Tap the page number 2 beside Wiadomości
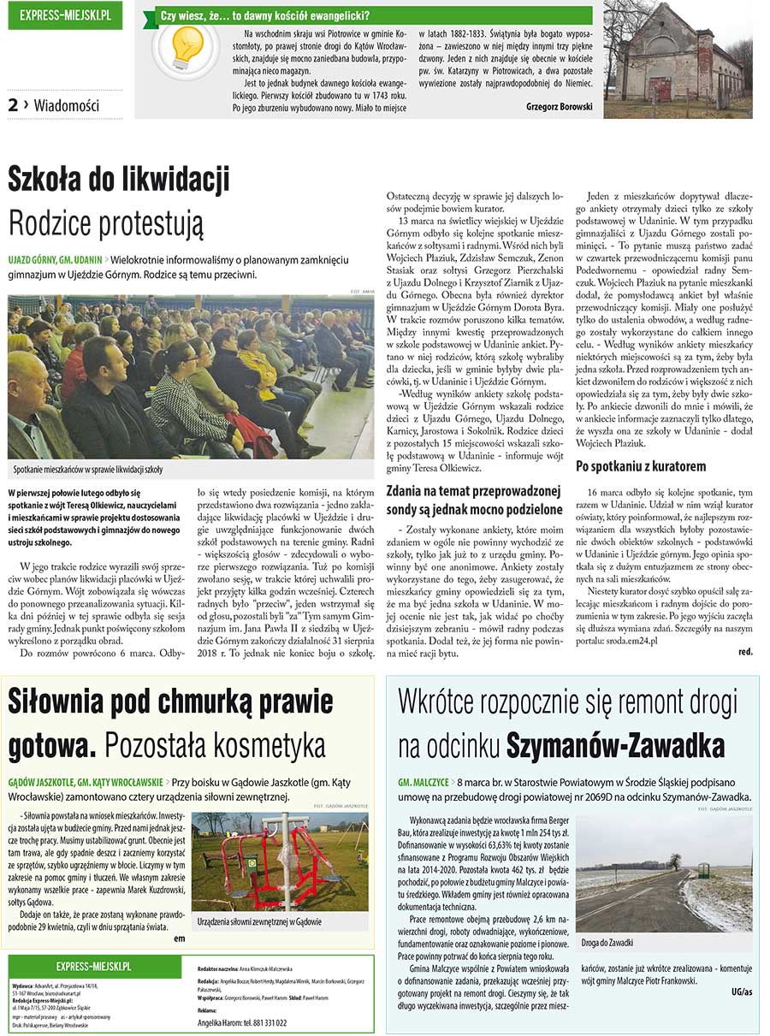click(x=14, y=105)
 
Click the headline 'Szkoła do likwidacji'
click(x=119, y=181)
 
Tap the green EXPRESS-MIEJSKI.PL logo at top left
click(x=65, y=15)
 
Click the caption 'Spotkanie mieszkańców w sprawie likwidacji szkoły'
click(x=88, y=470)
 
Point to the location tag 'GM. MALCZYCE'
click(x=423, y=782)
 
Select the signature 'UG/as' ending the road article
click(x=742, y=992)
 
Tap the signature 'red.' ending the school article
click(x=744, y=652)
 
